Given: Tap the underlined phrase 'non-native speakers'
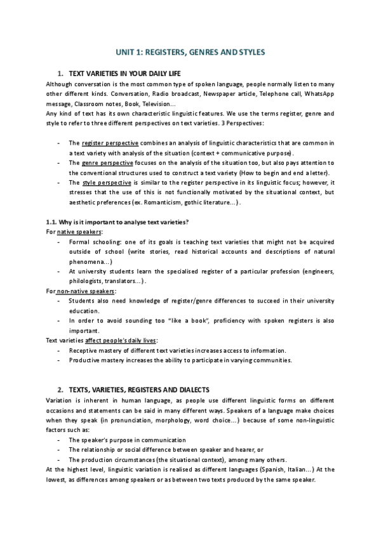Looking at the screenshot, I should point(85,291).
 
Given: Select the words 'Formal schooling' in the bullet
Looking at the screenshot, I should point(92,242).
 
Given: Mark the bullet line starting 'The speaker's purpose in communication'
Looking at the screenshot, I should point(127,440).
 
